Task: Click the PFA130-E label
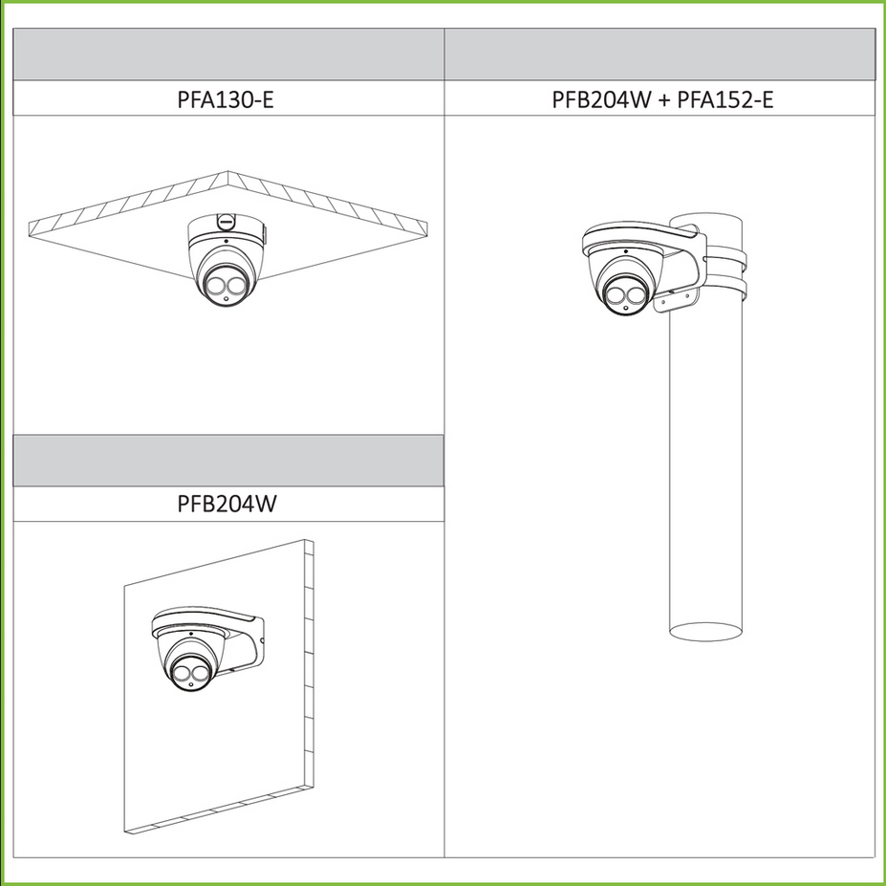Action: point(226,99)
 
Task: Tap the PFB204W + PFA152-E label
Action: point(662,99)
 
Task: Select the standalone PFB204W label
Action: point(227,504)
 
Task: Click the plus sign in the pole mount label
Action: point(664,100)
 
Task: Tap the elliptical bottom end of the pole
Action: point(705,632)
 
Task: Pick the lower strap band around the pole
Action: point(725,289)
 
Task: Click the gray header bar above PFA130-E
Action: point(228,54)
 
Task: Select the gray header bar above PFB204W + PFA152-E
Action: point(659,54)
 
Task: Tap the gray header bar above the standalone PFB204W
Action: point(228,461)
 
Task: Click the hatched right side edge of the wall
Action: point(309,664)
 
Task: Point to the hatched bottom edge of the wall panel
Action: point(219,810)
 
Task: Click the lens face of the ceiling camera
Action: point(225,286)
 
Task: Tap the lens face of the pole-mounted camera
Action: point(626,295)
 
